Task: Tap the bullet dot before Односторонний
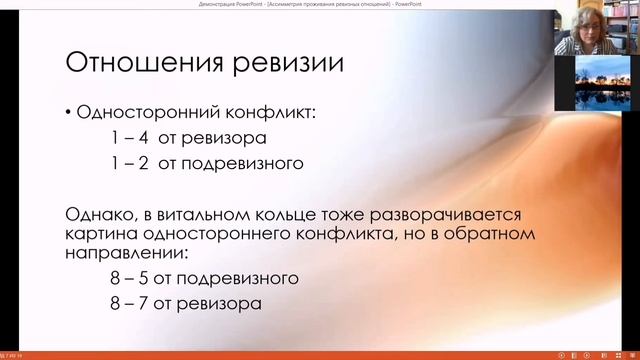[x=69, y=113]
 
